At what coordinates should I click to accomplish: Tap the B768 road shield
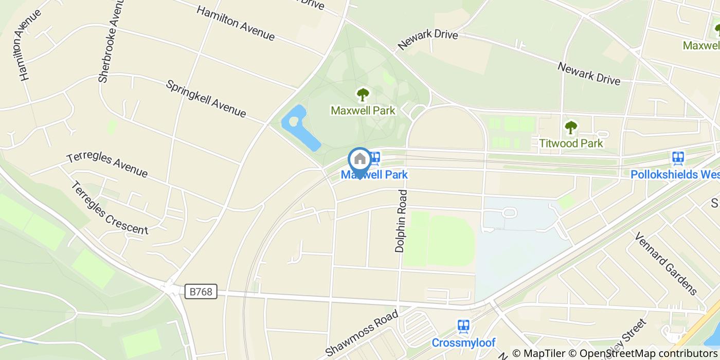[x=201, y=292]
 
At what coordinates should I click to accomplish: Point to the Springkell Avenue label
[x=206, y=98]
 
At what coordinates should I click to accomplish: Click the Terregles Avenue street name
[x=107, y=165]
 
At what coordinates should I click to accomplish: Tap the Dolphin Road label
[x=401, y=221]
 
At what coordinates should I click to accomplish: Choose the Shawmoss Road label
[x=362, y=333]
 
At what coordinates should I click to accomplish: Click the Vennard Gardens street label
[x=665, y=263]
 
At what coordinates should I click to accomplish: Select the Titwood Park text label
[x=571, y=143]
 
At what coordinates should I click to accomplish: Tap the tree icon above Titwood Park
[x=571, y=127]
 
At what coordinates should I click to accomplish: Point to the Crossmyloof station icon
[x=463, y=326]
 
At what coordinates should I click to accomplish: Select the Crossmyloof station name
[x=463, y=343]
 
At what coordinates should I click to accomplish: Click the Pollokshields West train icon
[x=678, y=158]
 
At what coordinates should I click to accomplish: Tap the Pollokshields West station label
[x=675, y=174]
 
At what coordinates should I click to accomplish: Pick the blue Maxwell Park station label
[x=374, y=175]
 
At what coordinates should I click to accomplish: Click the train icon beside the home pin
[x=375, y=158]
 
